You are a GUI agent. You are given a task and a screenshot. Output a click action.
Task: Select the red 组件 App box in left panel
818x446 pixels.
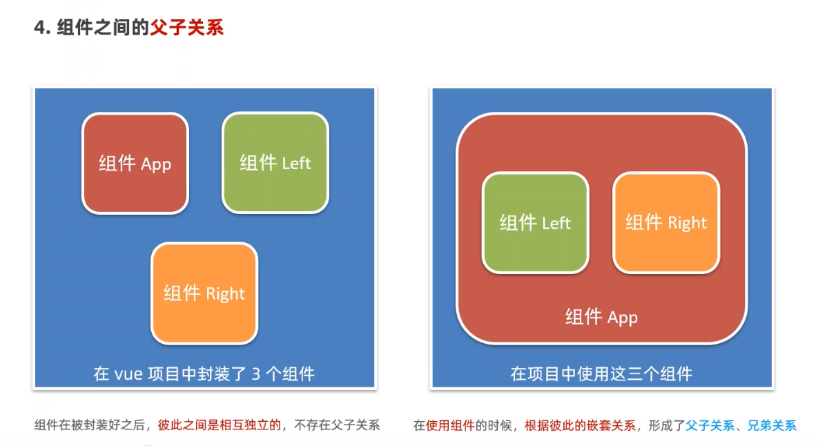[135, 164]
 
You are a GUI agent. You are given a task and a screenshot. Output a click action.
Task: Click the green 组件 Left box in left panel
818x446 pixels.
[275, 163]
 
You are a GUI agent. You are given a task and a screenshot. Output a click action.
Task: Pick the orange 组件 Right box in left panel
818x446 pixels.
[204, 293]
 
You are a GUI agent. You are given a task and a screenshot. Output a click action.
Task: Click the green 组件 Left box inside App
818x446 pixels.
[535, 222]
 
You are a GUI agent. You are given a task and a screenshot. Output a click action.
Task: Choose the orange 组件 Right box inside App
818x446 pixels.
[666, 222]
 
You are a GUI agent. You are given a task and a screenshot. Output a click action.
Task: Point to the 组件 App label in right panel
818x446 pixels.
[601, 317]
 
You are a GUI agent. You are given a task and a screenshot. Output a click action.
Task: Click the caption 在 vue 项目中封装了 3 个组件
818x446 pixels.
[204, 374]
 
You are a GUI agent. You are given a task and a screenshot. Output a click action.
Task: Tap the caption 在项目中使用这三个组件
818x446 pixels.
[601, 374]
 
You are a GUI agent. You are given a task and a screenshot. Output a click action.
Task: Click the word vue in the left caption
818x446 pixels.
[128, 375]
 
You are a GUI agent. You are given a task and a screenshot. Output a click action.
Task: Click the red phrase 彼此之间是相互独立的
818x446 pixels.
[220, 425]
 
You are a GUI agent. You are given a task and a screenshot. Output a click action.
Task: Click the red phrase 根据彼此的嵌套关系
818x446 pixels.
[580, 425]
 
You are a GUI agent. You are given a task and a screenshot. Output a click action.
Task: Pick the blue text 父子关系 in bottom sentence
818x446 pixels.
[709, 425]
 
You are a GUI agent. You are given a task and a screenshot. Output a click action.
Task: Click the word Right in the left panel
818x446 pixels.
[225, 293]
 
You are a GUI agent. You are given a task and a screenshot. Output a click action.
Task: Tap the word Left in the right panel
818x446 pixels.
[556, 223]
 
